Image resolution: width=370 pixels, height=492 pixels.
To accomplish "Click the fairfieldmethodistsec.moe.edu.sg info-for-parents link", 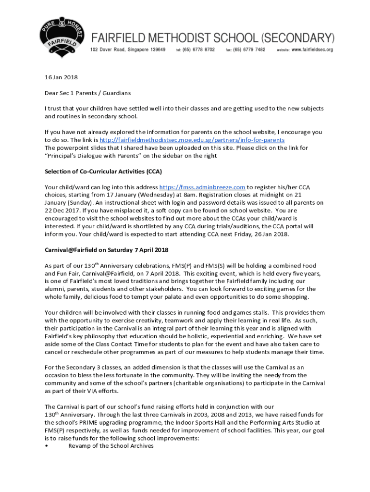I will pos(192,140).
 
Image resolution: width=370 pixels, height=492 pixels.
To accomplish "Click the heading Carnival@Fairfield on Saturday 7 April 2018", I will pos(106,250).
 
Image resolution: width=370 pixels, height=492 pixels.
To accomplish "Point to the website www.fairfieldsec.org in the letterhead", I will pos(312,49).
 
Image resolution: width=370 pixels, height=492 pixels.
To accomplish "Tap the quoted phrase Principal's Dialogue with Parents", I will pos(96,156).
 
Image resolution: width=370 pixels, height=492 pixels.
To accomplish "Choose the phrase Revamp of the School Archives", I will pos(111,446).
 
